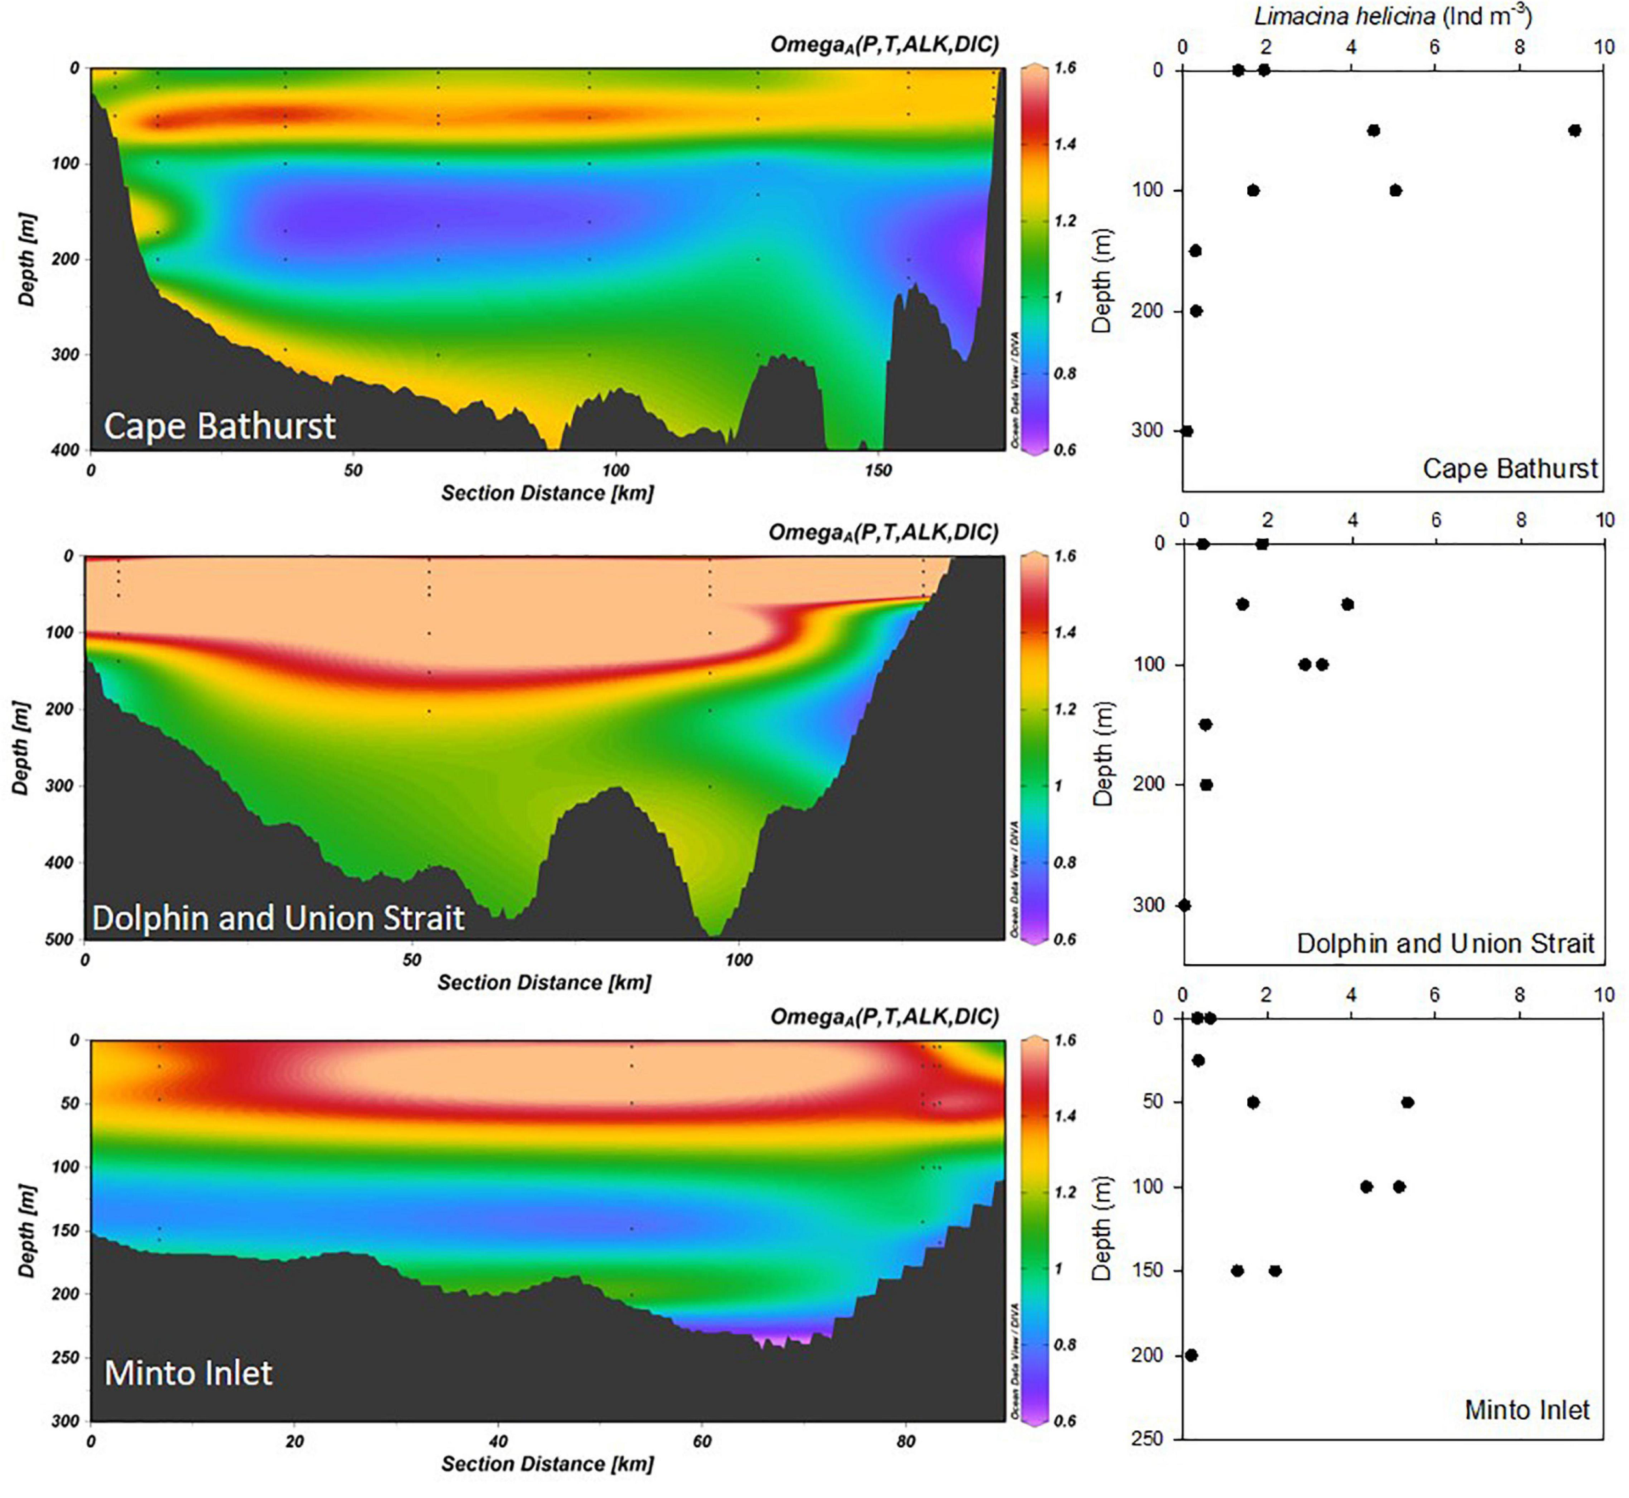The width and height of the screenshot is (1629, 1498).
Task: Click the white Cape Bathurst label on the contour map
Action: [x=220, y=426]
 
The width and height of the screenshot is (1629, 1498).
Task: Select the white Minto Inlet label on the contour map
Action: [x=188, y=1373]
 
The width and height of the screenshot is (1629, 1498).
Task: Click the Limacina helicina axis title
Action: [x=1393, y=16]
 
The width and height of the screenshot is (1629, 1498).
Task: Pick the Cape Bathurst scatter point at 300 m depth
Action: [x=1187, y=431]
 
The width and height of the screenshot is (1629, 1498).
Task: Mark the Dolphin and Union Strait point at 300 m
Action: [x=1185, y=904]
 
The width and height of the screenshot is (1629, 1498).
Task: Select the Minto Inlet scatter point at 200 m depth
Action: [x=1191, y=1355]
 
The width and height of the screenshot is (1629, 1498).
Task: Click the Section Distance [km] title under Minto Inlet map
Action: [x=547, y=1463]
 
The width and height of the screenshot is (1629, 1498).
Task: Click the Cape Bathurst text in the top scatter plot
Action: [x=1510, y=468]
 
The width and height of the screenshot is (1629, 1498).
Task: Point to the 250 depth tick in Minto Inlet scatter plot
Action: [x=1147, y=1439]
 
